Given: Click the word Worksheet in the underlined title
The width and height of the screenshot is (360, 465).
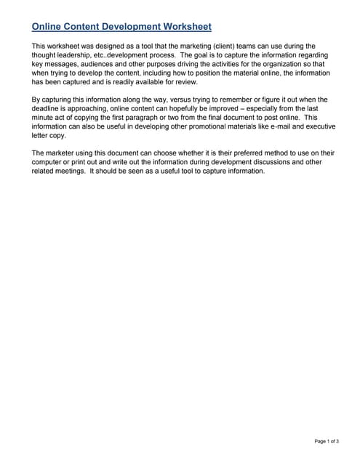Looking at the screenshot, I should coord(185,27).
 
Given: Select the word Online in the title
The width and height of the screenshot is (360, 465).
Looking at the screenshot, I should coord(47,27).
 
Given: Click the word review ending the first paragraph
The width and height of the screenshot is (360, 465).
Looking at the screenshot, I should coord(183,82).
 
